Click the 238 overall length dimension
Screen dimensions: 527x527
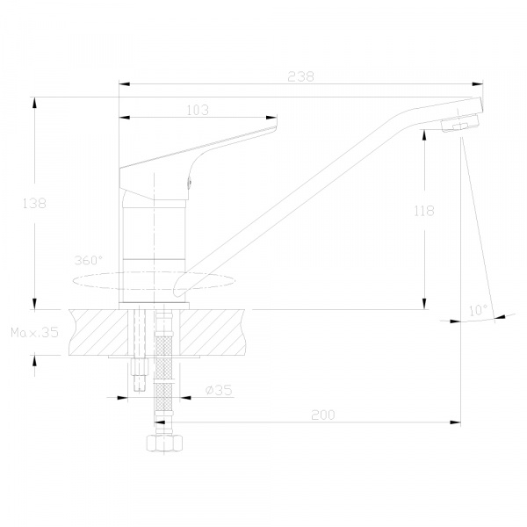[x=300, y=77]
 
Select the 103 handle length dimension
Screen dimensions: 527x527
[x=198, y=111]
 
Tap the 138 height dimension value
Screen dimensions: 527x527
[x=34, y=204]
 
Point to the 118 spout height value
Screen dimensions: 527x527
[x=424, y=211]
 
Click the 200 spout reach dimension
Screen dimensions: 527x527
[x=323, y=415]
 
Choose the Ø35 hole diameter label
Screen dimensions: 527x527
[x=219, y=390]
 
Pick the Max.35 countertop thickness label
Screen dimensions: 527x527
[x=34, y=332]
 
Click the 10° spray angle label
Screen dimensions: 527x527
[x=479, y=310]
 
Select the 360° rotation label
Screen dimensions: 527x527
[x=89, y=260]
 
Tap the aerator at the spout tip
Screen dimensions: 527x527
[x=459, y=123]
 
